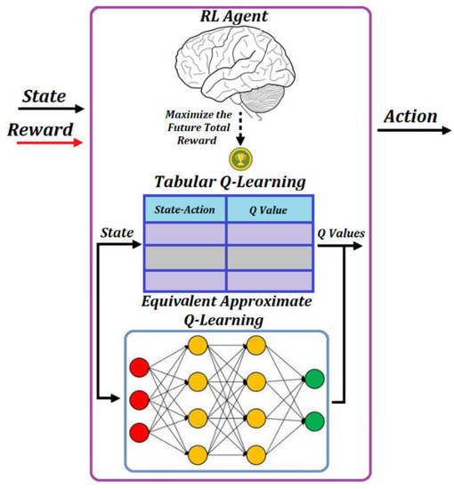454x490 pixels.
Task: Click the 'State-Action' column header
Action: click(x=185, y=209)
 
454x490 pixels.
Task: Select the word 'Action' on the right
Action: click(x=410, y=116)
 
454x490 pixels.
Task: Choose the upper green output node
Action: click(x=313, y=378)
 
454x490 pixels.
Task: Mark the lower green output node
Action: click(x=313, y=418)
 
